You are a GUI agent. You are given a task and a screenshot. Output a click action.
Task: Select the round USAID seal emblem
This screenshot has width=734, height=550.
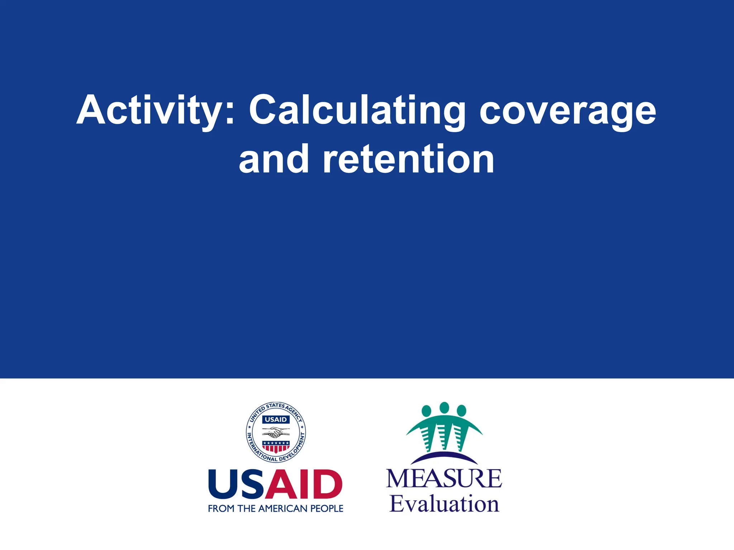[276, 432]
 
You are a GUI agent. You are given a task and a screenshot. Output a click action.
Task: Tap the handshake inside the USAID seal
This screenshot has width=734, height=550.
[275, 434]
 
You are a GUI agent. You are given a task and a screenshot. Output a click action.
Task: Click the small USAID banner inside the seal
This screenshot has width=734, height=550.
[276, 419]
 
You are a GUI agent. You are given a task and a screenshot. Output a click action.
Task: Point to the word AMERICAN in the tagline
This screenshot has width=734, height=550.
[283, 508]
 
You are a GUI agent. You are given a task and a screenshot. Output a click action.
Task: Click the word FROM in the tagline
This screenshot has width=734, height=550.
[221, 508]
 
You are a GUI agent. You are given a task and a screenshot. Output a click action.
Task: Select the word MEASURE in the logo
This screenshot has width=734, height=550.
[444, 479]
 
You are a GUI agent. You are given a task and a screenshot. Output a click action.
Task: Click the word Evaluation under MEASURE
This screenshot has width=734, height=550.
[444, 504]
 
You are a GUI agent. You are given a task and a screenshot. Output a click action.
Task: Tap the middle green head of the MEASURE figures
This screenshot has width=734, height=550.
[444, 407]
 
